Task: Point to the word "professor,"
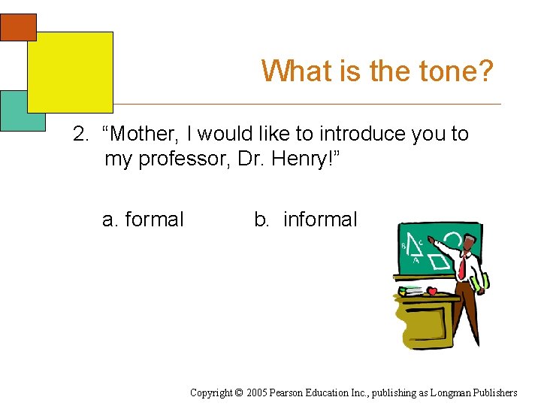coord(177,159)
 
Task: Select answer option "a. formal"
coord(143,220)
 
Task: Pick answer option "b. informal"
coord(306,220)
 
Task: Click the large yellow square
coord(70,71)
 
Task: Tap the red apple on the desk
coord(432,291)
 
